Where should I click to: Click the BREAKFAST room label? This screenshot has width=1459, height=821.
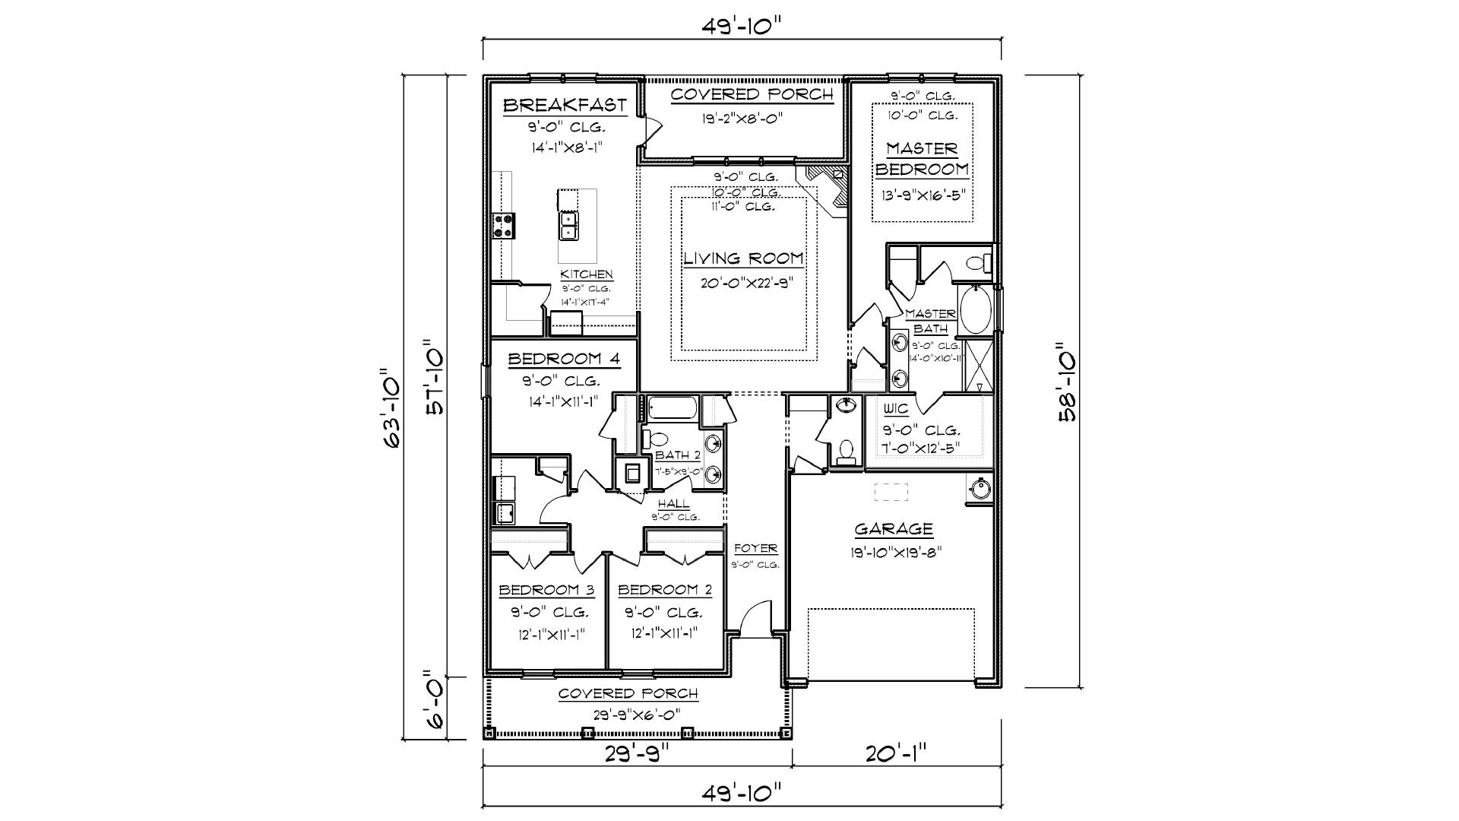tap(565, 105)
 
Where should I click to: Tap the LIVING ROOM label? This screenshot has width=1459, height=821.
tap(744, 258)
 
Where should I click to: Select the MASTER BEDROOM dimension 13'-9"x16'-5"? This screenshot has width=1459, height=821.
tap(923, 194)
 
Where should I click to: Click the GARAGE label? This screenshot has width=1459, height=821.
tap(894, 529)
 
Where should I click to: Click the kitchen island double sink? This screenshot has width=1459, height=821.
tap(568, 225)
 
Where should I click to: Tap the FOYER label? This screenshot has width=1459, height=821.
tap(755, 549)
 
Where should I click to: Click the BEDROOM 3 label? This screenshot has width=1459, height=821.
tap(546, 590)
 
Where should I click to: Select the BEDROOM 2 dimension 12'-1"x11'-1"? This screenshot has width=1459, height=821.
tap(664, 633)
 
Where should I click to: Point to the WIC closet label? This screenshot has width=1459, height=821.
tap(897, 409)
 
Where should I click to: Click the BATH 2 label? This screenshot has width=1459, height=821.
tap(678, 455)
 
